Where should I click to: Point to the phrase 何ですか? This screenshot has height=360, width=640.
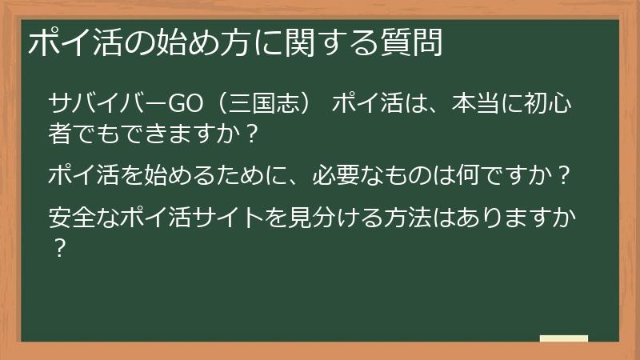pyautogui.click(x=502, y=174)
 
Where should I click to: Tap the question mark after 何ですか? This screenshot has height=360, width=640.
pyautogui.click(x=566, y=174)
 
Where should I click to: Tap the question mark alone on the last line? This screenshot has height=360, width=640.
pyautogui.click(x=58, y=245)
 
